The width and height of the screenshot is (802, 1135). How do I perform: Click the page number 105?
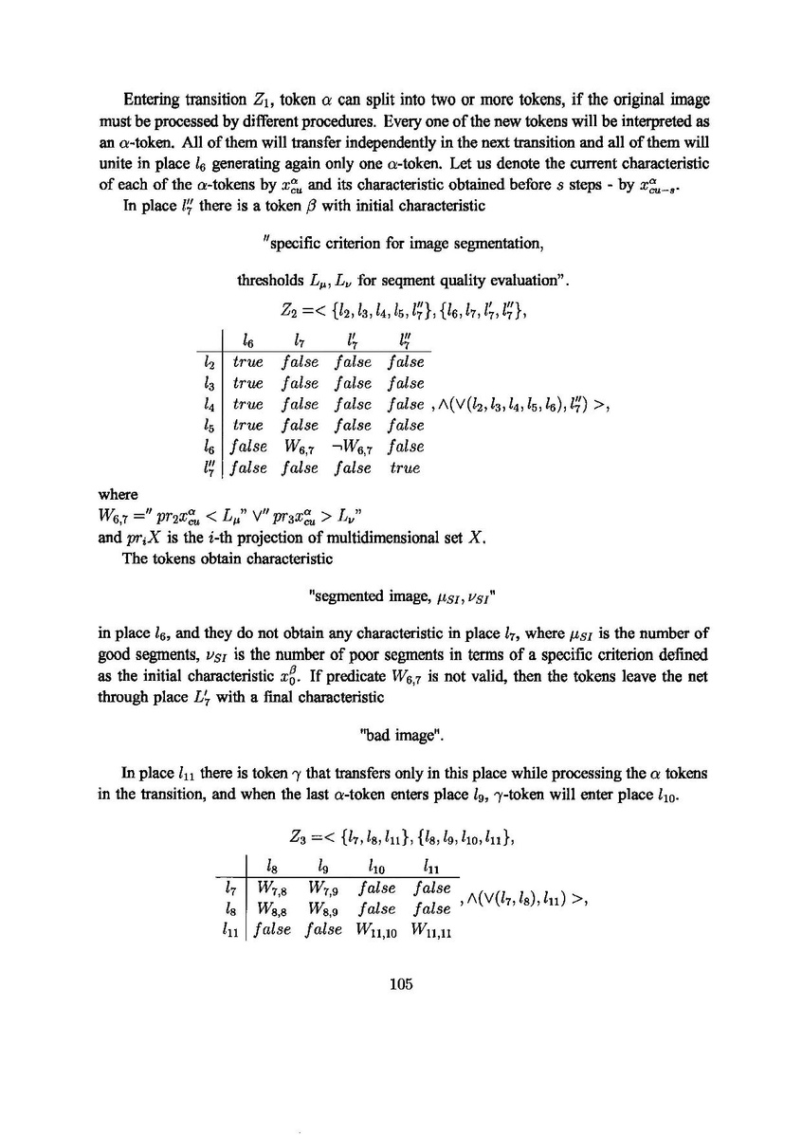pyautogui.click(x=401, y=983)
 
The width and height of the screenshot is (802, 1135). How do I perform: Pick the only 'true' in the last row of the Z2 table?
pyautogui.click(x=404, y=467)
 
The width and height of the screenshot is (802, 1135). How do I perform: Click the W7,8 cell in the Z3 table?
pyautogui.click(x=271, y=889)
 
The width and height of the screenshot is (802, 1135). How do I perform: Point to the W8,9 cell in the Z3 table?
pyautogui.click(x=325, y=910)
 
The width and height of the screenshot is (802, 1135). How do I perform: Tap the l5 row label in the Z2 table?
pyautogui.click(x=208, y=426)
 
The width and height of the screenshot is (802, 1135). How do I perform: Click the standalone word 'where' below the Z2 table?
pyautogui.click(x=118, y=494)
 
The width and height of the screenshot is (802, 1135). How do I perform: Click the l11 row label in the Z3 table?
pyautogui.click(x=227, y=931)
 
